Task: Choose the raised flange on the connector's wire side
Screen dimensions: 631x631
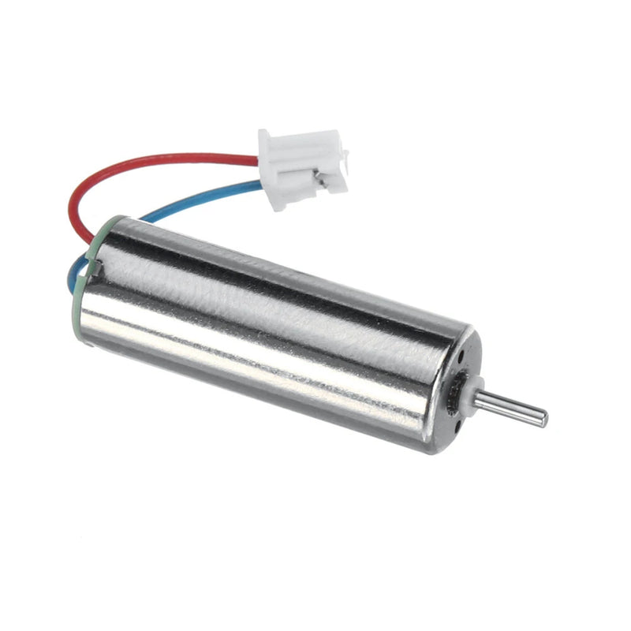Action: tap(268, 150)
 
